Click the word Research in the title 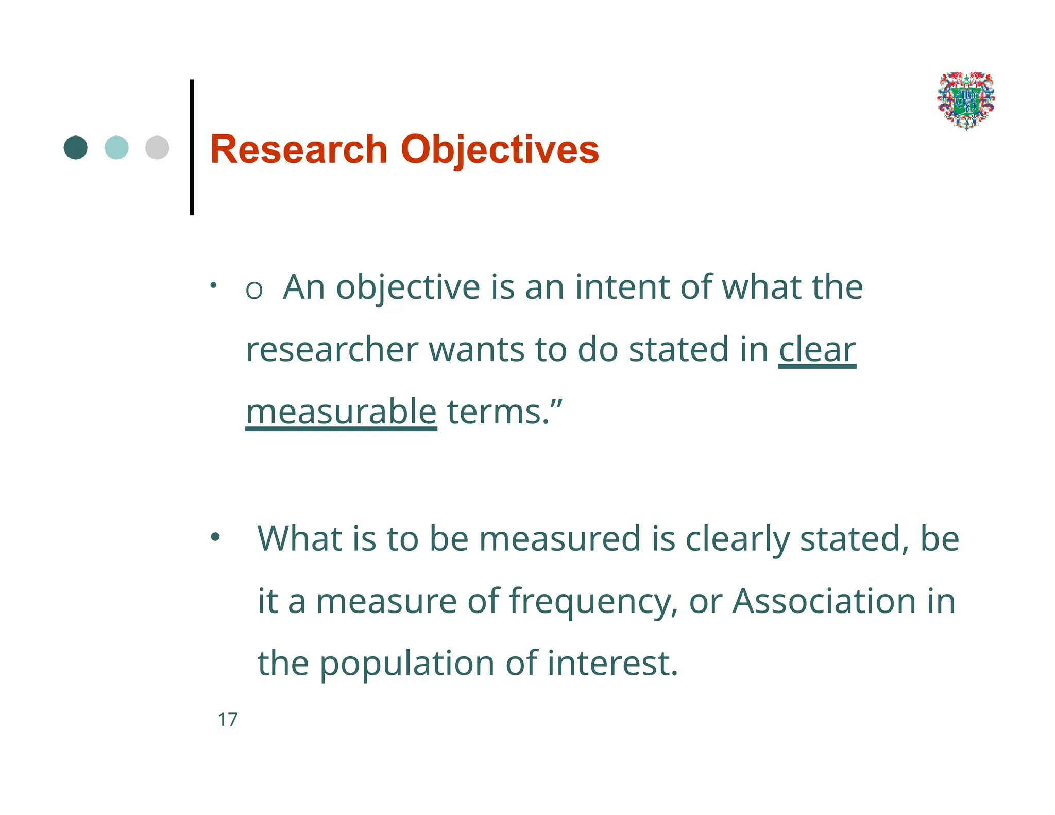pyautogui.click(x=298, y=149)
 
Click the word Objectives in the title pyautogui.click(x=499, y=149)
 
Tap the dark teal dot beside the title pyautogui.click(x=76, y=147)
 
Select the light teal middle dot pyautogui.click(x=116, y=147)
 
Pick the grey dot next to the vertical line pyautogui.click(x=157, y=147)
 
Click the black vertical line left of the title pyautogui.click(x=192, y=147)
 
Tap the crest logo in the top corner pyautogui.click(x=966, y=100)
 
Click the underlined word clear pyautogui.click(x=817, y=350)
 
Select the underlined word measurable pyautogui.click(x=341, y=412)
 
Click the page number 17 pyautogui.click(x=228, y=720)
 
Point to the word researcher pyautogui.click(x=332, y=350)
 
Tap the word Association pyautogui.click(x=824, y=601)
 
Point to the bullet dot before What pyautogui.click(x=215, y=537)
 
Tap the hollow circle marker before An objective pyautogui.click(x=254, y=291)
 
